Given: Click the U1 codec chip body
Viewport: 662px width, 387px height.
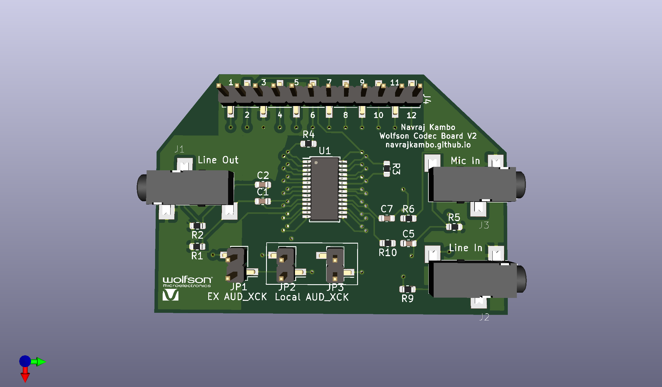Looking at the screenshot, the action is (x=325, y=189).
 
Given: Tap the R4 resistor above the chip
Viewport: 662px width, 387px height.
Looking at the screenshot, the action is (x=308, y=144).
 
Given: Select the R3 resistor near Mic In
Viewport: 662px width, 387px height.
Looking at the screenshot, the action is (x=387, y=169).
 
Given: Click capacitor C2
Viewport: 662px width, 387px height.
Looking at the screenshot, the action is (x=263, y=185).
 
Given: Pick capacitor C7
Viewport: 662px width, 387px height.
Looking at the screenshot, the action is (x=387, y=218).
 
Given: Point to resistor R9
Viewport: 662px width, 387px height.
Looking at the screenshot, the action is (x=407, y=289).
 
